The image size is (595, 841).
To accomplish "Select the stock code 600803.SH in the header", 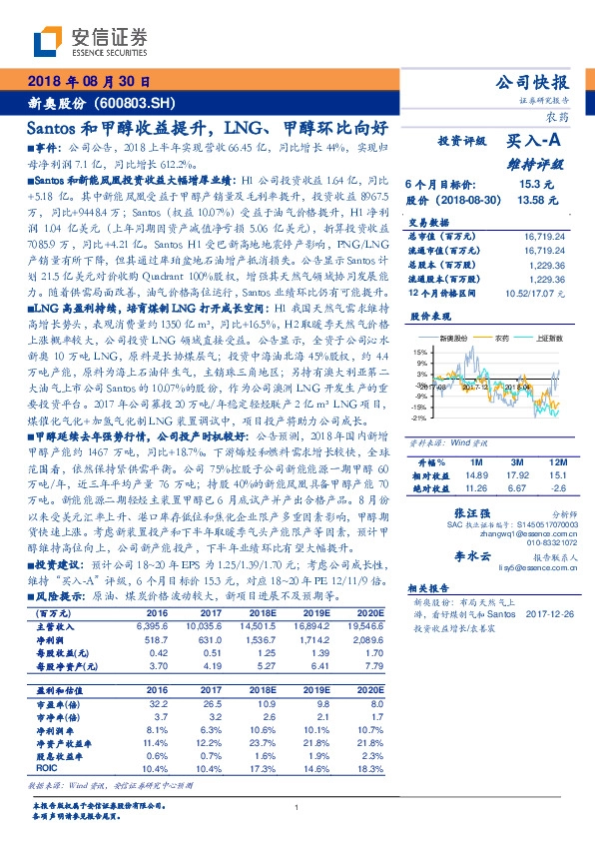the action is (x=140, y=103).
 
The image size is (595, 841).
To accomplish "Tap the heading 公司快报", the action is (x=534, y=82).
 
